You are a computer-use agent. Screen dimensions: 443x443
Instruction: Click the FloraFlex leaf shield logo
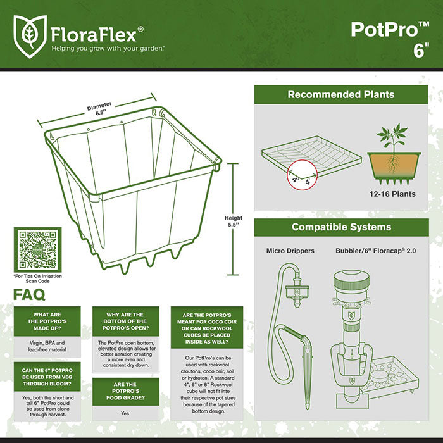pyautogui.click(x=30, y=34)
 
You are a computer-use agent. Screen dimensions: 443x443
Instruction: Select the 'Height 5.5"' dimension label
pyautogui.click(x=234, y=222)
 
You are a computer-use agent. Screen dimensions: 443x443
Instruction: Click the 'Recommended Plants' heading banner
pyautogui.click(x=340, y=95)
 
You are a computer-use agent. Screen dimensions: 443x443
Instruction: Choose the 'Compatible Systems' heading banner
pyautogui.click(x=340, y=227)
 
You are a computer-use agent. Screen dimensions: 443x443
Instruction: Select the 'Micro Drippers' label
pyautogui.click(x=290, y=251)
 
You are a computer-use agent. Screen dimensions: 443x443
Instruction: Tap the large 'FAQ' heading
pyautogui.click(x=30, y=295)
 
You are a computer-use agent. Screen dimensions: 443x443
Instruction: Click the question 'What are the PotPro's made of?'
pyautogui.click(x=47, y=322)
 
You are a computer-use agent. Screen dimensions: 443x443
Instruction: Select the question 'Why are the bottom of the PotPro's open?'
pyautogui.click(x=125, y=322)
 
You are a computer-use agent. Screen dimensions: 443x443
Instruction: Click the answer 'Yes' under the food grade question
pyautogui.click(x=125, y=413)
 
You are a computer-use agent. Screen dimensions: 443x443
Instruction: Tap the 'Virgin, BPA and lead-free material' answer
pyautogui.click(x=47, y=346)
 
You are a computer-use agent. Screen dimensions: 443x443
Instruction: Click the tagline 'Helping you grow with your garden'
pyautogui.click(x=108, y=47)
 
